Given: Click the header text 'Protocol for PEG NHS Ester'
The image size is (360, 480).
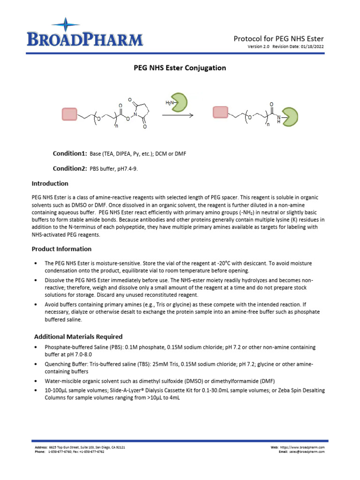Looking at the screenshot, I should [278, 38].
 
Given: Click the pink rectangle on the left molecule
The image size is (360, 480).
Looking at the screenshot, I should [70, 113].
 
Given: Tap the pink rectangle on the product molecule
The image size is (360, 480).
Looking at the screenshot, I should [220, 112].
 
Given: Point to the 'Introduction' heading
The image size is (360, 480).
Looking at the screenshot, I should [50, 183].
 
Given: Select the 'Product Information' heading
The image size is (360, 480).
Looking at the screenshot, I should [61, 249].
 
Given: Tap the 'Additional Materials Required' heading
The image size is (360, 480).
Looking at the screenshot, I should [78, 337].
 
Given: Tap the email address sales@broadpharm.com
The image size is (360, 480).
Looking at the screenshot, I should [307, 452].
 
